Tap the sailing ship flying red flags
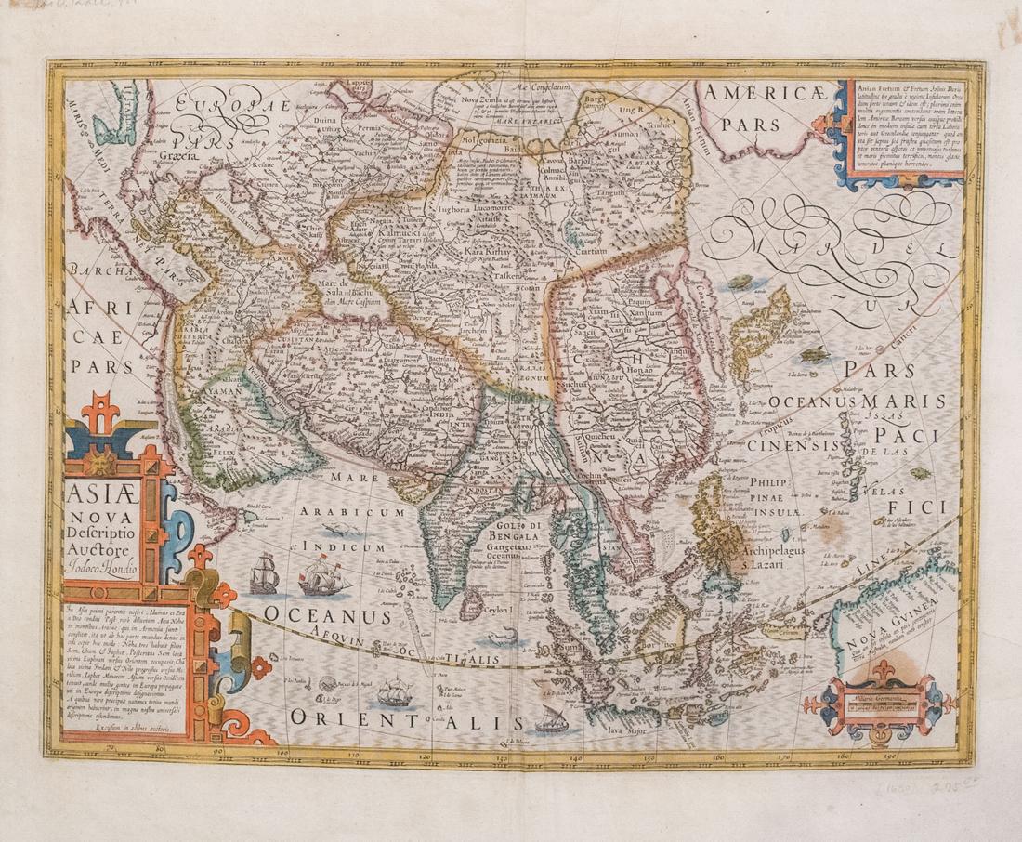[324, 575]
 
